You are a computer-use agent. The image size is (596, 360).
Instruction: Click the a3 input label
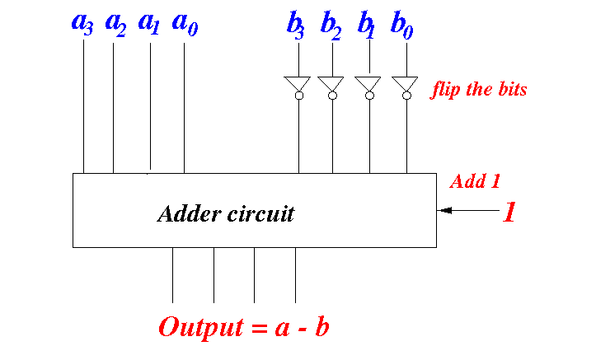82,25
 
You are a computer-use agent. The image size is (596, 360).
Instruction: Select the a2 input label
115,25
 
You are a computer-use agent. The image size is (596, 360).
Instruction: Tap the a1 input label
148,25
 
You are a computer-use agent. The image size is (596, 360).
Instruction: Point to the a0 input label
185,25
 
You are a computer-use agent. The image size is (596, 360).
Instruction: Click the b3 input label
296,26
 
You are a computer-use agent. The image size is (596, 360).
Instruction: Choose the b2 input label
331,26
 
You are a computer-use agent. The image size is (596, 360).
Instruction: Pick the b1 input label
366,26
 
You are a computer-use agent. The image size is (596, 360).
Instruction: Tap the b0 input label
401,26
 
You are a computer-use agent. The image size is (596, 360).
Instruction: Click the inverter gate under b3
298,87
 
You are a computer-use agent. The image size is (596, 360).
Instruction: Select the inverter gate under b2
331,87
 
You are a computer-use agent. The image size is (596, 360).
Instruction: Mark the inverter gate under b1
368,87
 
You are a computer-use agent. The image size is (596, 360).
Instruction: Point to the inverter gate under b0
406,87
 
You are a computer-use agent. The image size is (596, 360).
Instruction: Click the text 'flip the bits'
479,90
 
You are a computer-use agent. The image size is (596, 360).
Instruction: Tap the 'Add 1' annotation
475,181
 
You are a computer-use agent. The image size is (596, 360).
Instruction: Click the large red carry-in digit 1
509,212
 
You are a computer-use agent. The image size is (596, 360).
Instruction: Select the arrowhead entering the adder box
445,210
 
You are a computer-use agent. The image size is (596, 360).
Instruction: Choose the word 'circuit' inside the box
260,213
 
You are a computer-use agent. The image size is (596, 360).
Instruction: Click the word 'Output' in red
201,327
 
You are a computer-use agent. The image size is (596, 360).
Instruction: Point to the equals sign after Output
260,328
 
